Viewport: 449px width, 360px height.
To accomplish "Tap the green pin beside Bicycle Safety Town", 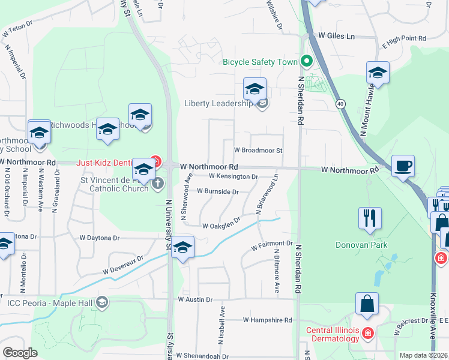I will pyautogui.click(x=306, y=61).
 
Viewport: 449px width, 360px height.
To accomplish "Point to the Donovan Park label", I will pyautogui.click(x=361, y=245).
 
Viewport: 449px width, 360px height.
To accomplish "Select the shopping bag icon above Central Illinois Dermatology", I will pyautogui.click(x=367, y=304).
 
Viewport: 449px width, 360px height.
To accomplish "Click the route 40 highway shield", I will pyautogui.click(x=340, y=103).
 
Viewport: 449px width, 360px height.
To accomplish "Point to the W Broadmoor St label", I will pyautogui.click(x=258, y=150).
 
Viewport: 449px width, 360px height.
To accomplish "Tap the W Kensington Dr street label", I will pyautogui.click(x=234, y=176).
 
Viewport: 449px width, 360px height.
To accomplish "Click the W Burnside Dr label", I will pyautogui.click(x=218, y=191).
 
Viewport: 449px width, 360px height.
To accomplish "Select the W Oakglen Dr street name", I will pyautogui.click(x=221, y=225).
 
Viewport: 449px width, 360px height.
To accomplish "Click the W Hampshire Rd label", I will pyautogui.click(x=267, y=320).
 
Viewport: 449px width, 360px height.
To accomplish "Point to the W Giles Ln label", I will pyautogui.click(x=337, y=36).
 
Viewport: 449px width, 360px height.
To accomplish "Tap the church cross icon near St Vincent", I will pyautogui.click(x=158, y=183).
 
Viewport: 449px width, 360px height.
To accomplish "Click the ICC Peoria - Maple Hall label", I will pyautogui.click(x=50, y=302).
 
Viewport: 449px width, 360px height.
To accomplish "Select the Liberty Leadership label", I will pyautogui.click(x=218, y=104).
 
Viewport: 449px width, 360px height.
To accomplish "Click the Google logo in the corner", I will pyautogui.click(x=20, y=353).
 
